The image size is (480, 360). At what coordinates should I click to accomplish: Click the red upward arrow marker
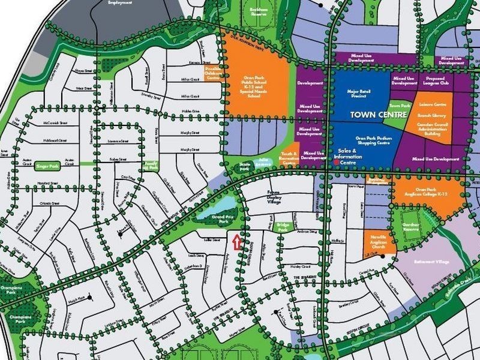tap(236, 242)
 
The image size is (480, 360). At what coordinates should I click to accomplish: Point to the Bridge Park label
tap(283, 227)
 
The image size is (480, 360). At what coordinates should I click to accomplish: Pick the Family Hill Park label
tap(151, 166)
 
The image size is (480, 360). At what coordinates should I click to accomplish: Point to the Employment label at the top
tap(119, 2)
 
